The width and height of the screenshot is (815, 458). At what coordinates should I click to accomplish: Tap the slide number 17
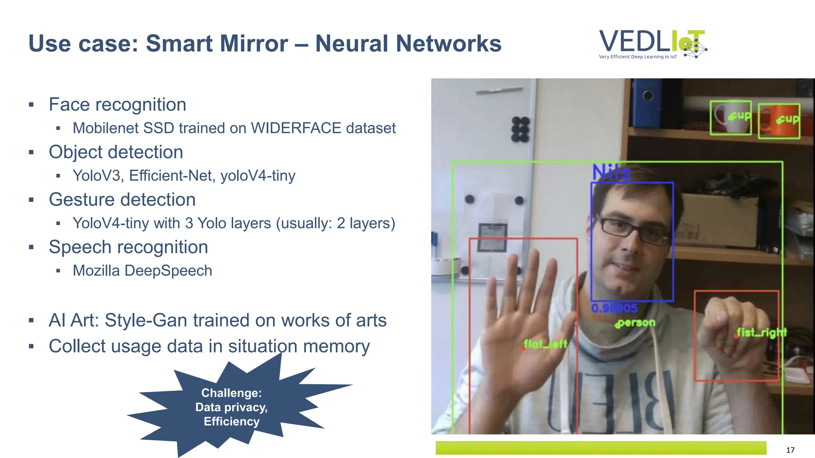pyautogui.click(x=790, y=450)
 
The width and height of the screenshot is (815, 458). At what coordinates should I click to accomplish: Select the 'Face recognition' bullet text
pyautogui.click(x=117, y=105)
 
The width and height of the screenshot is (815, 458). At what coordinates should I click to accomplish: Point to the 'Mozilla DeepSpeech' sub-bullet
pyautogui.click(x=142, y=270)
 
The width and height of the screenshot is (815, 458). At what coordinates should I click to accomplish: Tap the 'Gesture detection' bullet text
pyautogui.click(x=122, y=200)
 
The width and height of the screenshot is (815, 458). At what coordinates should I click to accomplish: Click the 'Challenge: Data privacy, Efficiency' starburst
pyautogui.click(x=232, y=407)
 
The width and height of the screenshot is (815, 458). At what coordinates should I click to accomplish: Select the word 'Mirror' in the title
pyautogui.click(x=252, y=43)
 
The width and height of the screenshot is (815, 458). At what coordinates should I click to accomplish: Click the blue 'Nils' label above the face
pyautogui.click(x=611, y=173)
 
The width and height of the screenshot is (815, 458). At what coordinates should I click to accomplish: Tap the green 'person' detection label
pyautogui.click(x=635, y=323)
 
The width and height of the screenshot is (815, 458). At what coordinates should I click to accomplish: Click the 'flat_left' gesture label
pyautogui.click(x=545, y=344)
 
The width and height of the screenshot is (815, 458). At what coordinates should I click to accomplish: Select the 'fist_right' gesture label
pyautogui.click(x=761, y=332)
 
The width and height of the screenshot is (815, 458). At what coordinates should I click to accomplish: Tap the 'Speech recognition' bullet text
pyautogui.click(x=128, y=247)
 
